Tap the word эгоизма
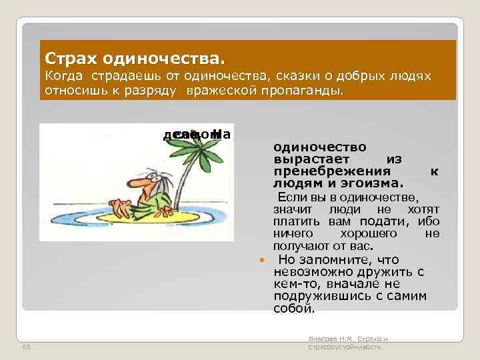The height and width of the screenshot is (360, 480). [x=371, y=183]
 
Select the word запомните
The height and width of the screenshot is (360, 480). [x=328, y=259]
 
